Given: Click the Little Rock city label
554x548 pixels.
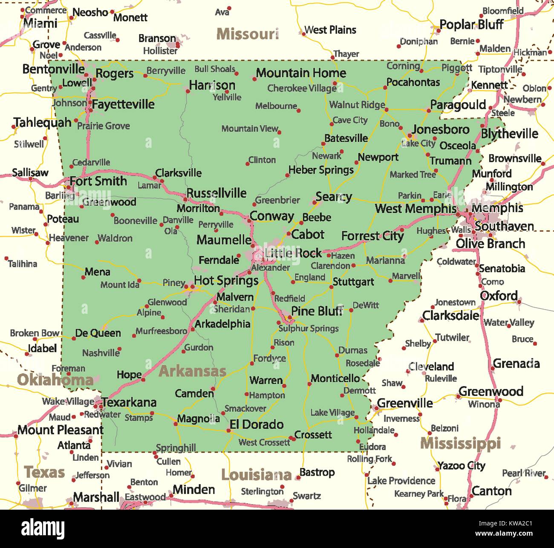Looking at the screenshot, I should tap(293, 253).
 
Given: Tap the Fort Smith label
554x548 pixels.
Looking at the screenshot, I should tap(98, 181).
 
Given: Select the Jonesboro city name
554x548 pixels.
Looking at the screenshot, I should tap(441, 129).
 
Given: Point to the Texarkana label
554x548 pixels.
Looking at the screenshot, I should tap(129, 402).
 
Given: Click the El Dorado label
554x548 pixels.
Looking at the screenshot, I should tap(257, 425).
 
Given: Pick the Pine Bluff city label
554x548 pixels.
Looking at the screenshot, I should tap(317, 311).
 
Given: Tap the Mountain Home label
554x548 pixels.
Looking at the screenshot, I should tap(301, 73).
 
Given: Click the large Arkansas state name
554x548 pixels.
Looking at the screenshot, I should tap(192, 371).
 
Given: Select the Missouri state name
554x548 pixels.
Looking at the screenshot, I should tap(248, 34).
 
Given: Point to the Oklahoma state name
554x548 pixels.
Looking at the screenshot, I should tap(55, 380).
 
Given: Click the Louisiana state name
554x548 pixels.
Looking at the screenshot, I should tap(257, 475).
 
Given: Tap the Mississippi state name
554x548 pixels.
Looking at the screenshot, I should tap(460, 444).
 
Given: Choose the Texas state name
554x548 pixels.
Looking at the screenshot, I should tap(44, 472).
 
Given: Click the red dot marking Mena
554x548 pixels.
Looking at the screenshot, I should tap(83, 278).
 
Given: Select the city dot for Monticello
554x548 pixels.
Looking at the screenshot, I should tap(309, 384).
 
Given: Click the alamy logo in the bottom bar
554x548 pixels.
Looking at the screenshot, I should tap(43, 528).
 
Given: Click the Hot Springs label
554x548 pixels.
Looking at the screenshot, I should tap(226, 281).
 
